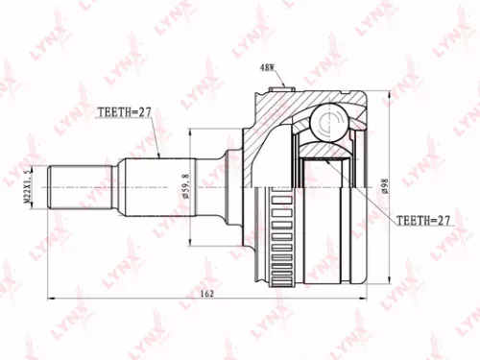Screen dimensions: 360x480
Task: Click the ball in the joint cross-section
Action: (x=328, y=121)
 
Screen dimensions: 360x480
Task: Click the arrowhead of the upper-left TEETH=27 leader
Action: (x=157, y=157)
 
